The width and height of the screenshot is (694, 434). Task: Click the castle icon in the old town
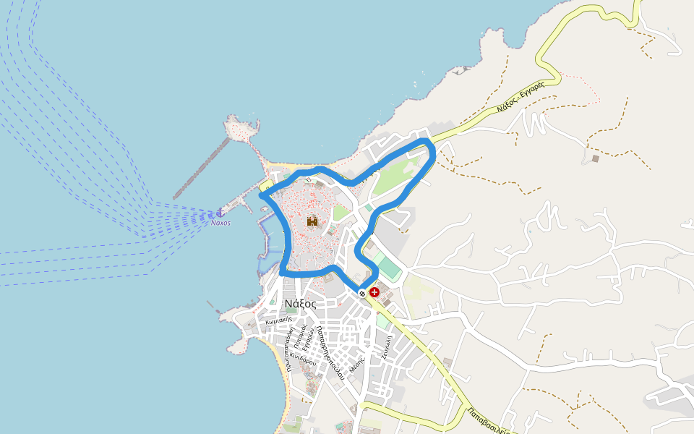coord(312,221)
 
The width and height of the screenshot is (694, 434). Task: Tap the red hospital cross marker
coord(374,292)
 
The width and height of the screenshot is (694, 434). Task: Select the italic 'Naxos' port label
coord(220,224)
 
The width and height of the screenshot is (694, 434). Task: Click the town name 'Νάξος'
coord(299,304)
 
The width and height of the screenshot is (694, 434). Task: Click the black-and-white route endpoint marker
coord(362,292)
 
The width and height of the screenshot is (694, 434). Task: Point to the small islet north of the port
coord(240,129)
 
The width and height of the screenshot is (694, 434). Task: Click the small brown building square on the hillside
coord(595,158)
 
